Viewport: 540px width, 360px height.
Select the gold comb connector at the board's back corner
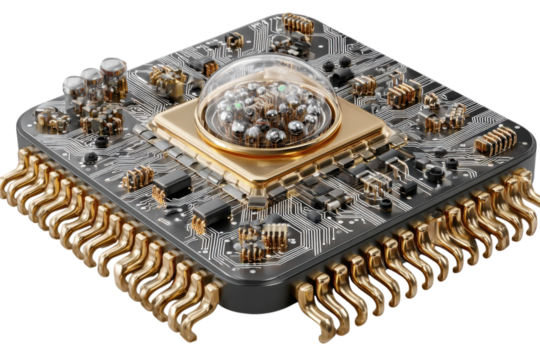297,21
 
